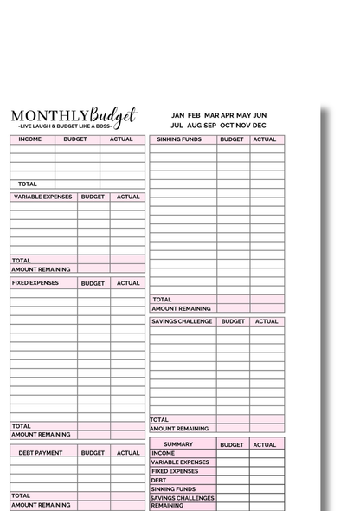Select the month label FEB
pyautogui.click(x=194, y=114)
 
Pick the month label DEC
pyautogui.click(x=260, y=126)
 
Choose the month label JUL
pyautogui.click(x=177, y=126)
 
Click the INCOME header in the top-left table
pyautogui.click(x=30, y=139)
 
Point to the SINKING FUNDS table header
pyautogui.click(x=179, y=139)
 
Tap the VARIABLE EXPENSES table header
pyautogui.click(x=42, y=197)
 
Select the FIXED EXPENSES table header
pyautogui.click(x=35, y=283)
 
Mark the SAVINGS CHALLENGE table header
pyautogui.click(x=181, y=321)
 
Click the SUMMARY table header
pyautogui.click(x=178, y=444)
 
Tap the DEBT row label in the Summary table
pyautogui.click(x=158, y=480)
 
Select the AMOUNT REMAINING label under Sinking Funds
pyautogui.click(x=181, y=308)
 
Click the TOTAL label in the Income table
pyautogui.click(x=28, y=184)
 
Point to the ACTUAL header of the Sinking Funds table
pyautogui.click(x=267, y=139)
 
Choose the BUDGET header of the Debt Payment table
pyautogui.click(x=93, y=452)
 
